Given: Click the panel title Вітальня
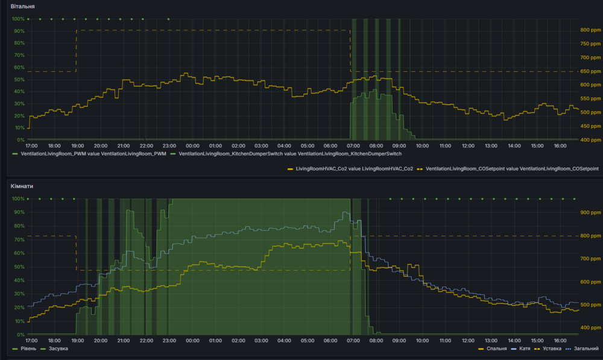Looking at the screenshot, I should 22,6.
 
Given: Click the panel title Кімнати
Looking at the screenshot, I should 22,186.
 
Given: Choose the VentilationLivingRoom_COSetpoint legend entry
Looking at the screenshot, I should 512,169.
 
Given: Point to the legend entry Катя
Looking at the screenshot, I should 524,349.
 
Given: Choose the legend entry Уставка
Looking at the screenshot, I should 552,349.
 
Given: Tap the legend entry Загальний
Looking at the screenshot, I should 586,349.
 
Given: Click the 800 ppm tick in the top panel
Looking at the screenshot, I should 590,30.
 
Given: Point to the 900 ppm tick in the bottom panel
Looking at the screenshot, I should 590,212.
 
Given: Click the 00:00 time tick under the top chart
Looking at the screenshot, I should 192,146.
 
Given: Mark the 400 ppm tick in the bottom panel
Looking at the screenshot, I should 590,328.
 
